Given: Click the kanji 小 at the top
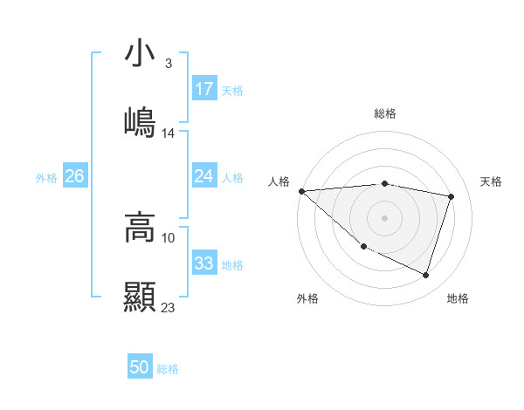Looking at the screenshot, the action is click(140, 55).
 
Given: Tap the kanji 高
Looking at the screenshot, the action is click(140, 229).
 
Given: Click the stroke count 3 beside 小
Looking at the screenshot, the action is click(168, 64).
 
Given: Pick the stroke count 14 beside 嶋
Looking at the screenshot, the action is click(169, 133).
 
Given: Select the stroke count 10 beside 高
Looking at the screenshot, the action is click(169, 237).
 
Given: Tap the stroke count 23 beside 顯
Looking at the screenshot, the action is click(169, 307).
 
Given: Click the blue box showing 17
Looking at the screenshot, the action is click(204, 89).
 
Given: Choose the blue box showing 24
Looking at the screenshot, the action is click(204, 176).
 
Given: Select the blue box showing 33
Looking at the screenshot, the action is click(204, 263).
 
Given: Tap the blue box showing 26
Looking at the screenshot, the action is click(74, 176).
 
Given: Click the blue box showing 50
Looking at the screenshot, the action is click(140, 368).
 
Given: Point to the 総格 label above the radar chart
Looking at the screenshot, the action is click(385, 113).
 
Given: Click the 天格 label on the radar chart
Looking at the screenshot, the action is click(491, 181).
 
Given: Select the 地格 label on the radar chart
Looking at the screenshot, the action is click(458, 299).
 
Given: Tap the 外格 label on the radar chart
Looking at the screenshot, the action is click(307, 299).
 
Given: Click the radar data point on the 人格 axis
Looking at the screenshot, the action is click(301, 191).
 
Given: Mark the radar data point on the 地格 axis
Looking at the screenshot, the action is click(425, 276).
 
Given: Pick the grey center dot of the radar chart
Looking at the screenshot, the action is click(384, 218).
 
